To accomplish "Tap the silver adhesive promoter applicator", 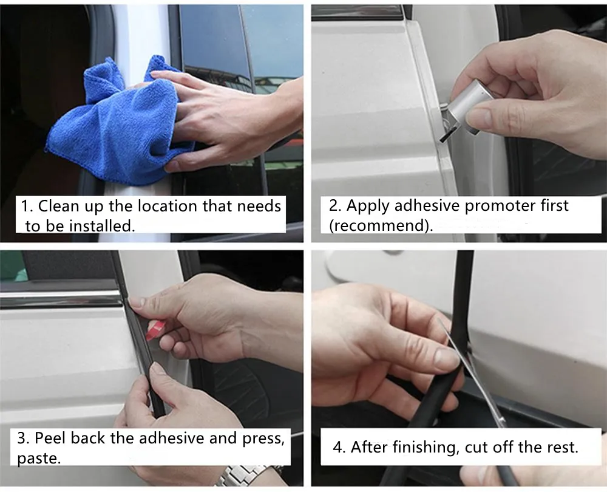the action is pyautogui.click(x=462, y=111).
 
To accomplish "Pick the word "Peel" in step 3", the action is pyautogui.click(x=50, y=438).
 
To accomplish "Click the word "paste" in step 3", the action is pyautogui.click(x=38, y=459).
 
